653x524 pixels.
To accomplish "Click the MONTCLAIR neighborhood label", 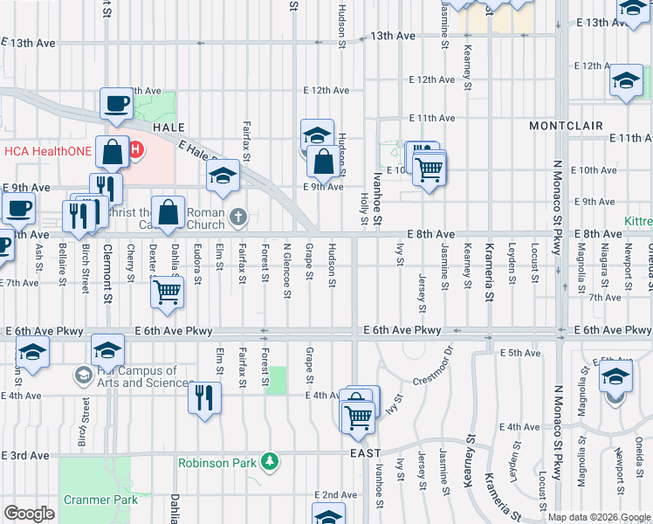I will coord(566,126).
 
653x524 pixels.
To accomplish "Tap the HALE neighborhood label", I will coord(169,127).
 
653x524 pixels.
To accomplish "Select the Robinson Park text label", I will coord(217,463).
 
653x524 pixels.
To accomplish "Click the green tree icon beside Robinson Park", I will coord(271,460).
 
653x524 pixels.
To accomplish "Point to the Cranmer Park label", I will coord(100,500).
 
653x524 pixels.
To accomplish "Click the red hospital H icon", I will coord(135,151).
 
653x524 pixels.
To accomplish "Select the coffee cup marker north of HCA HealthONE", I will coord(116,106).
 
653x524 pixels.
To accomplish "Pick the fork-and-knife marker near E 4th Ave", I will coord(204,397).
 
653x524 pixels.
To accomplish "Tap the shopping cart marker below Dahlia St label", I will coord(167,293).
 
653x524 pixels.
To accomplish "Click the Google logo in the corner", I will coord(28,513).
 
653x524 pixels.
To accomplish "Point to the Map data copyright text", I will coord(599,517).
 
